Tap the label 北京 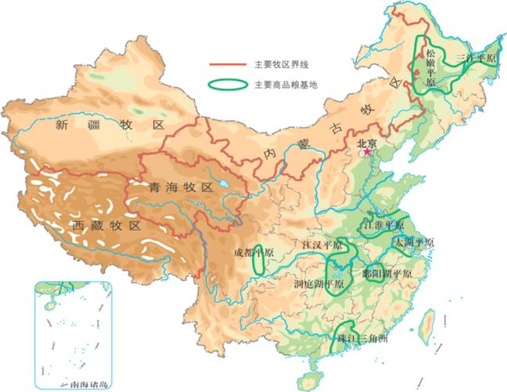click(x=367, y=143)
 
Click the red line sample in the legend click(x=227, y=66)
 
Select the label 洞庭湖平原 click(x=319, y=284)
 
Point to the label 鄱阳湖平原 click(x=381, y=274)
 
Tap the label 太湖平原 click(x=415, y=242)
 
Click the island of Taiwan click(x=428, y=322)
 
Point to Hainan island click(x=317, y=368)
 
